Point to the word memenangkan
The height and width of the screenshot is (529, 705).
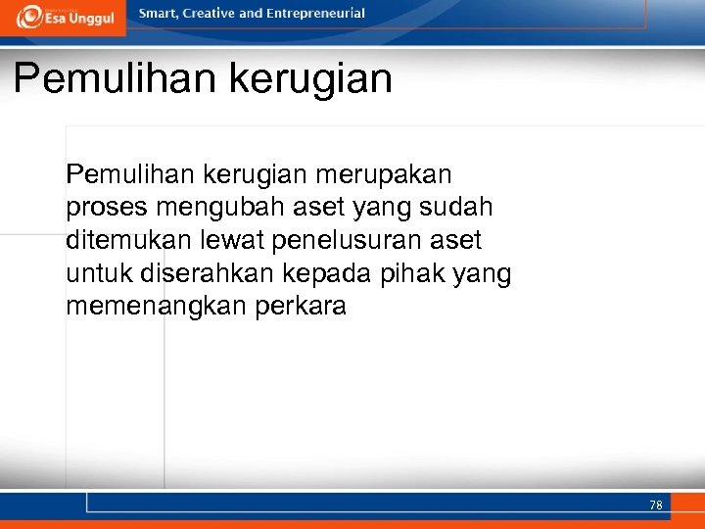pos(157,307)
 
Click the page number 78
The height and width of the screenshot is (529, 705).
pos(655,505)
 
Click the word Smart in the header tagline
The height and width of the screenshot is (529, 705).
pos(160,14)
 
